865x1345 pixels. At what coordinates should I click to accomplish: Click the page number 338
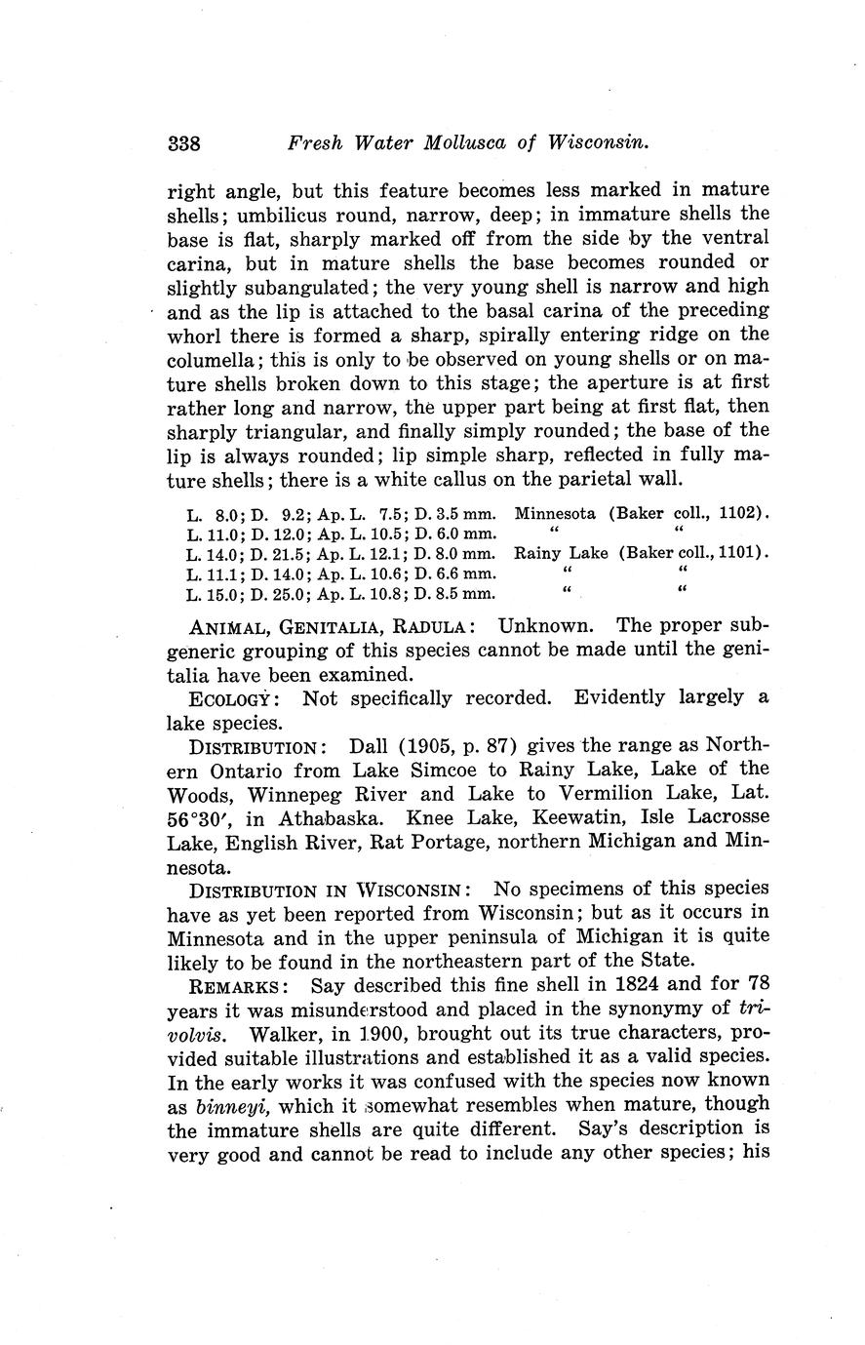[183, 143]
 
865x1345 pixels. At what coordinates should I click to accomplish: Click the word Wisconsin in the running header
[598, 142]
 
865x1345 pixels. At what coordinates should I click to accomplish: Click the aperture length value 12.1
[383, 553]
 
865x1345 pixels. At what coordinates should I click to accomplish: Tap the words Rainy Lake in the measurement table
[562, 552]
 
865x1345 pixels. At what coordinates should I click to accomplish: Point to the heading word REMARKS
[230, 984]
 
